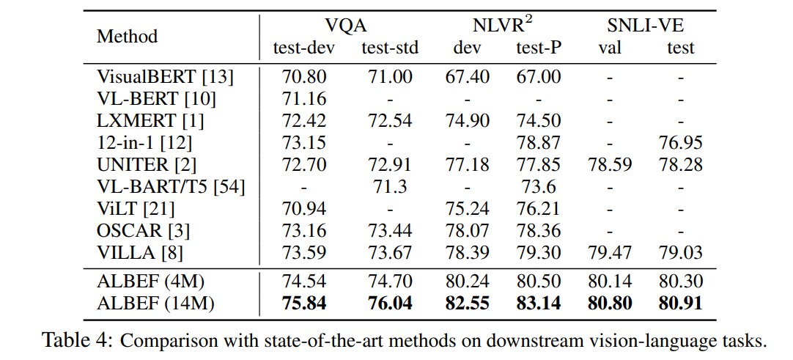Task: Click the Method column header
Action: click(x=127, y=37)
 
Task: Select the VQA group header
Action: click(x=346, y=25)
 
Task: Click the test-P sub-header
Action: click(x=539, y=48)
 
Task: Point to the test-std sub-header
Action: click(x=390, y=48)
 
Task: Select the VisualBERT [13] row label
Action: click(x=165, y=78)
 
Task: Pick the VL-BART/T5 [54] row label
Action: click(x=171, y=187)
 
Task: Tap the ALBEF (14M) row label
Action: click(x=155, y=304)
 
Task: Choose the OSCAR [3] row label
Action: click(x=143, y=231)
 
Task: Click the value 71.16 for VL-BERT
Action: click(x=303, y=99)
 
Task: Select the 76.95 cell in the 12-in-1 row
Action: click(x=680, y=143)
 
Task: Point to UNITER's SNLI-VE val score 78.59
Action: click(x=609, y=165)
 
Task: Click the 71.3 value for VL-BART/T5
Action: click(x=390, y=187)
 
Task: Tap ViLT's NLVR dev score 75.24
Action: click(x=467, y=209)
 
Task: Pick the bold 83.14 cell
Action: click(x=539, y=304)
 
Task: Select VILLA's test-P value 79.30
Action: click(x=539, y=253)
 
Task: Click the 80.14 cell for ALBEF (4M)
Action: click(x=609, y=282)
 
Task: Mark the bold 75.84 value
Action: click(x=303, y=304)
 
